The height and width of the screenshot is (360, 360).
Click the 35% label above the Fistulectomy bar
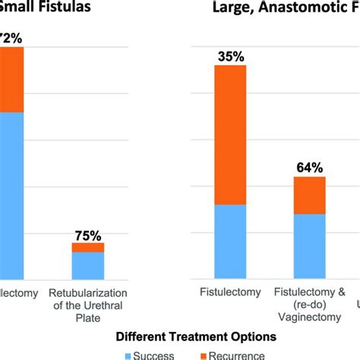coord(230,56)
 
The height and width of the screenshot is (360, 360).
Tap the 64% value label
coord(310,167)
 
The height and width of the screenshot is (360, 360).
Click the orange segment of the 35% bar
coord(230,135)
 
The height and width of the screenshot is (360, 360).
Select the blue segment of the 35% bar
coord(230,242)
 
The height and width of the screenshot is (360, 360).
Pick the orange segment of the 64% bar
coord(310,195)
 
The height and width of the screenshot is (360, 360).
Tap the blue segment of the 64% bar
coord(310,247)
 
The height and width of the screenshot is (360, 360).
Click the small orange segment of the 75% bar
coord(88,247)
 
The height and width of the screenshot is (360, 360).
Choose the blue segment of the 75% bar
coord(88,266)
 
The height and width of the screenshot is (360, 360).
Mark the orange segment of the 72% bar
coord(11,79)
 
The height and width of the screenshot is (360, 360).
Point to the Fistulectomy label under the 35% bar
coord(230,292)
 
